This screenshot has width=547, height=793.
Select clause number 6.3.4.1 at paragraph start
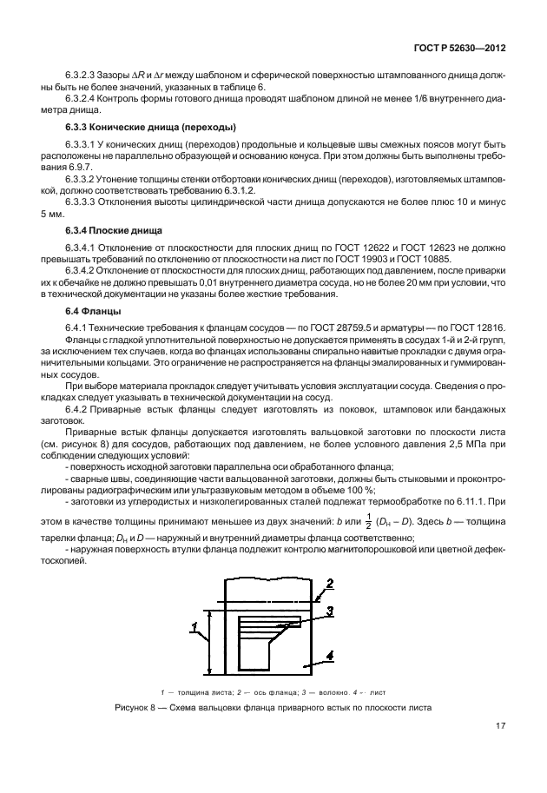[x=83, y=248]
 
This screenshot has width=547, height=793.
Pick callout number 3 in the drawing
[x=330, y=611]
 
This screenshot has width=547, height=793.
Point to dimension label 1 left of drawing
[x=194, y=625]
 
